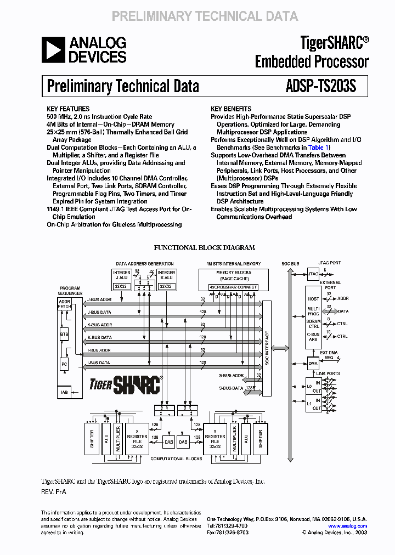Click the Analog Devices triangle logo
pos(53,49)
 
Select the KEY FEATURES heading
pos(68,109)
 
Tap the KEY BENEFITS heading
pos(231,109)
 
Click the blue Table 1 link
pos(318,148)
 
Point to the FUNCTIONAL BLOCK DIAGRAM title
pos(204,248)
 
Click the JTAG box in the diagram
pos(313,274)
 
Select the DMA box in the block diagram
pos(313,363)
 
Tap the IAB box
pos(64,392)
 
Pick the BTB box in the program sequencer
pos(64,333)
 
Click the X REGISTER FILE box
pos(137,439)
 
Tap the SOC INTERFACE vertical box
pos(267,347)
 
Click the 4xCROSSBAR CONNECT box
pos(233,287)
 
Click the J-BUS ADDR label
pos(99,299)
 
